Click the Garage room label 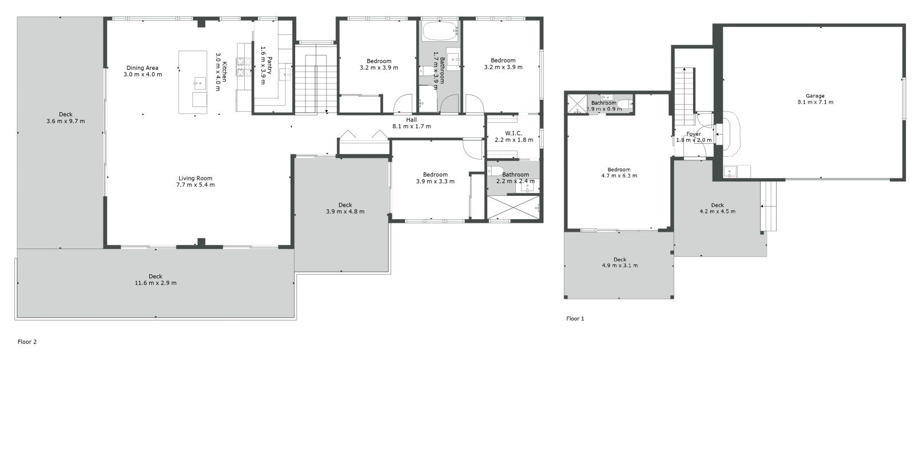click(815, 96)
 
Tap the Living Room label click(195, 178)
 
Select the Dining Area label click(142, 68)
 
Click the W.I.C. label click(514, 133)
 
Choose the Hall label click(411, 120)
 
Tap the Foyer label click(694, 134)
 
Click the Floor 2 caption click(27, 342)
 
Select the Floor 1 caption click(575, 318)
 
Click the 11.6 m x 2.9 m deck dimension click(156, 283)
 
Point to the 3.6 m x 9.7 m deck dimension click(66, 121)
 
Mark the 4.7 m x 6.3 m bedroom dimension click(619, 176)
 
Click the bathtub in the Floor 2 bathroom click(439, 31)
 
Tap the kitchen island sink click(200, 84)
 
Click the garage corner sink click(730, 171)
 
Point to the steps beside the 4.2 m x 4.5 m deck click(768, 207)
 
